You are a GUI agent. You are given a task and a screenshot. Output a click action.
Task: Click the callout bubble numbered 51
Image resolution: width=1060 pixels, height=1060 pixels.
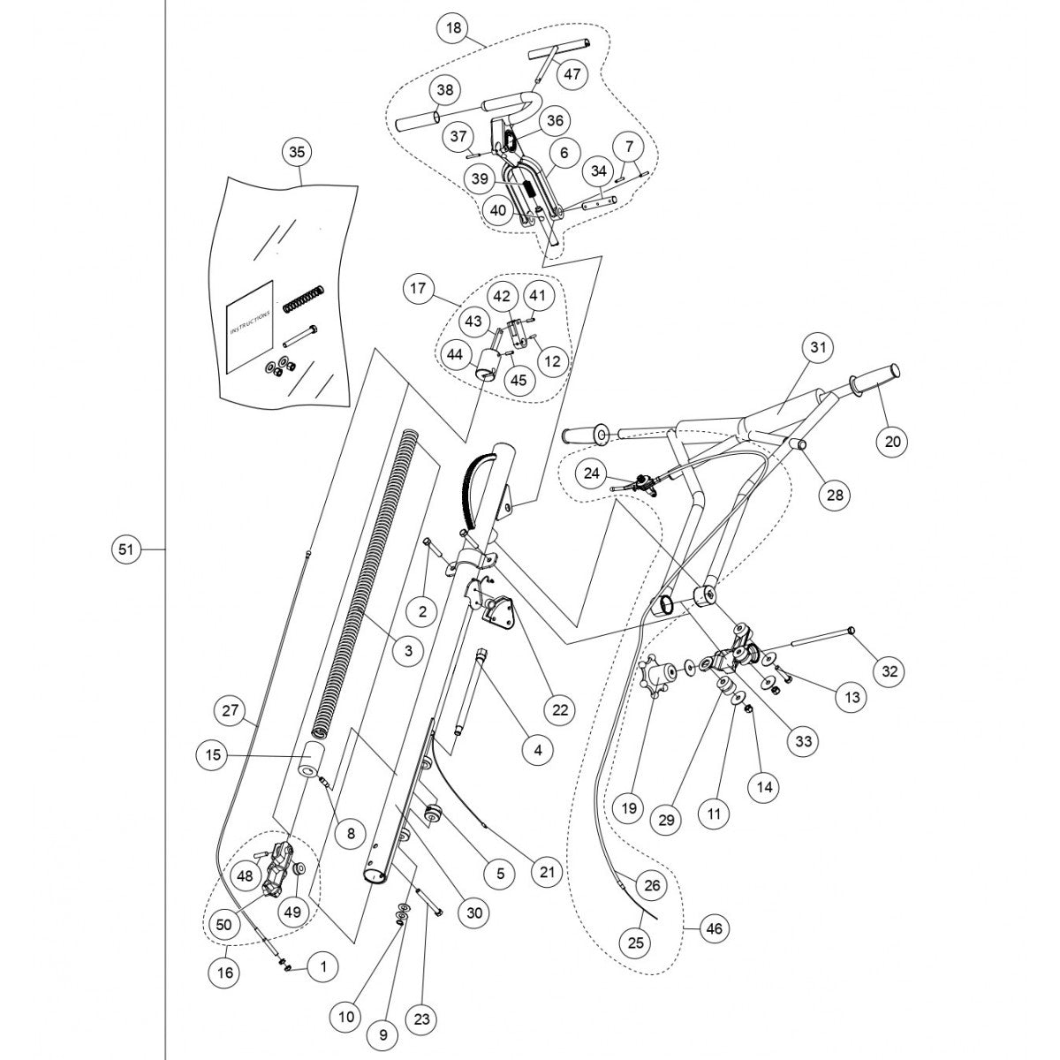(125, 549)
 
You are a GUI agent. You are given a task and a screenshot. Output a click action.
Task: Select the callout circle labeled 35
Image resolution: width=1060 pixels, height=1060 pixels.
(297, 152)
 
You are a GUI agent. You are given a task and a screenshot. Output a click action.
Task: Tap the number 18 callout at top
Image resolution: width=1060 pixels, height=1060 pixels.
(454, 29)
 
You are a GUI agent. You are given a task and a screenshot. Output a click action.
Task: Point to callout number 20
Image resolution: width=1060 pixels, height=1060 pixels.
(892, 441)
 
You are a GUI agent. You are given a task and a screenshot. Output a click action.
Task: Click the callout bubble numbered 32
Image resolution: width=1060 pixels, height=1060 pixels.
(890, 670)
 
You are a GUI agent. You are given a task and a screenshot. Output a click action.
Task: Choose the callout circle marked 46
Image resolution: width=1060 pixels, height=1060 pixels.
(713, 928)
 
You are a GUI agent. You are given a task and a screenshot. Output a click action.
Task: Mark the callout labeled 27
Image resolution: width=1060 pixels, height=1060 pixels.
(231, 710)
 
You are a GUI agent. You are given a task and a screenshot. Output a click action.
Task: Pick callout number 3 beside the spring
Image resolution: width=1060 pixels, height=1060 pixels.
(407, 652)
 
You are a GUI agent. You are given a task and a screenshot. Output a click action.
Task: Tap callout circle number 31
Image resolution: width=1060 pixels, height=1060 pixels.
(818, 348)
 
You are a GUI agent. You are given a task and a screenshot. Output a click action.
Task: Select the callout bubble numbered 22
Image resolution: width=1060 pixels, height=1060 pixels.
(559, 708)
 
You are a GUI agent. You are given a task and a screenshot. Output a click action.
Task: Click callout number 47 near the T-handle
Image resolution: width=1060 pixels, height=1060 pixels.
(572, 73)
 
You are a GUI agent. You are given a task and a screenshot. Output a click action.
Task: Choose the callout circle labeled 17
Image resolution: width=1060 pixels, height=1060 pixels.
(419, 288)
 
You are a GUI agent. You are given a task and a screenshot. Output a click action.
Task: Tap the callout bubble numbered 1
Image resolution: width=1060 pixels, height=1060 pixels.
(322, 967)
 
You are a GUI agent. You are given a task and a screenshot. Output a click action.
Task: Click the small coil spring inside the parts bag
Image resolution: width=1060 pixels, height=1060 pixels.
(304, 299)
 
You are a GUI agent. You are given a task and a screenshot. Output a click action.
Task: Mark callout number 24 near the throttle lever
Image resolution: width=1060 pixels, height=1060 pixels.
(591, 473)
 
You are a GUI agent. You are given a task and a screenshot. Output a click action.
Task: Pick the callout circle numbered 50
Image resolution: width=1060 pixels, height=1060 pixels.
(224, 924)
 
